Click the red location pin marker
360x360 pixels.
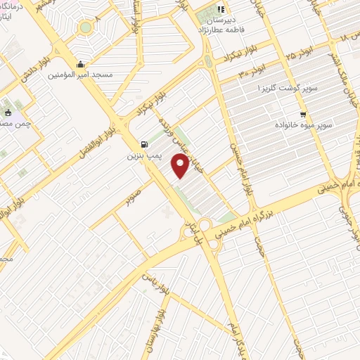(x=181, y=167)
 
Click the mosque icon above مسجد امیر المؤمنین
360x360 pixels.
(x=82, y=63)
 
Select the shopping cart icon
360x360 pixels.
(x=303, y=114)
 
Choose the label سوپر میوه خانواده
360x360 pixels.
(x=303, y=125)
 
